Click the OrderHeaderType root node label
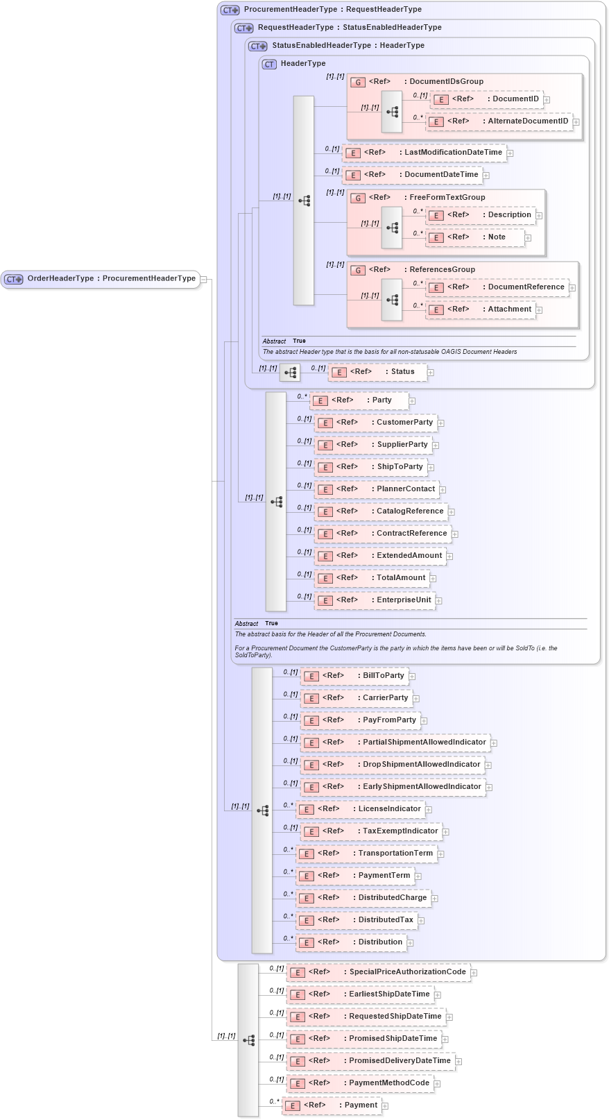coord(111,279)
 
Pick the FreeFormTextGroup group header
coord(447,198)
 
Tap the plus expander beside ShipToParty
coord(431,468)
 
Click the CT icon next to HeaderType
coord(269,64)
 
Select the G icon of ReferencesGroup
coord(358,271)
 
